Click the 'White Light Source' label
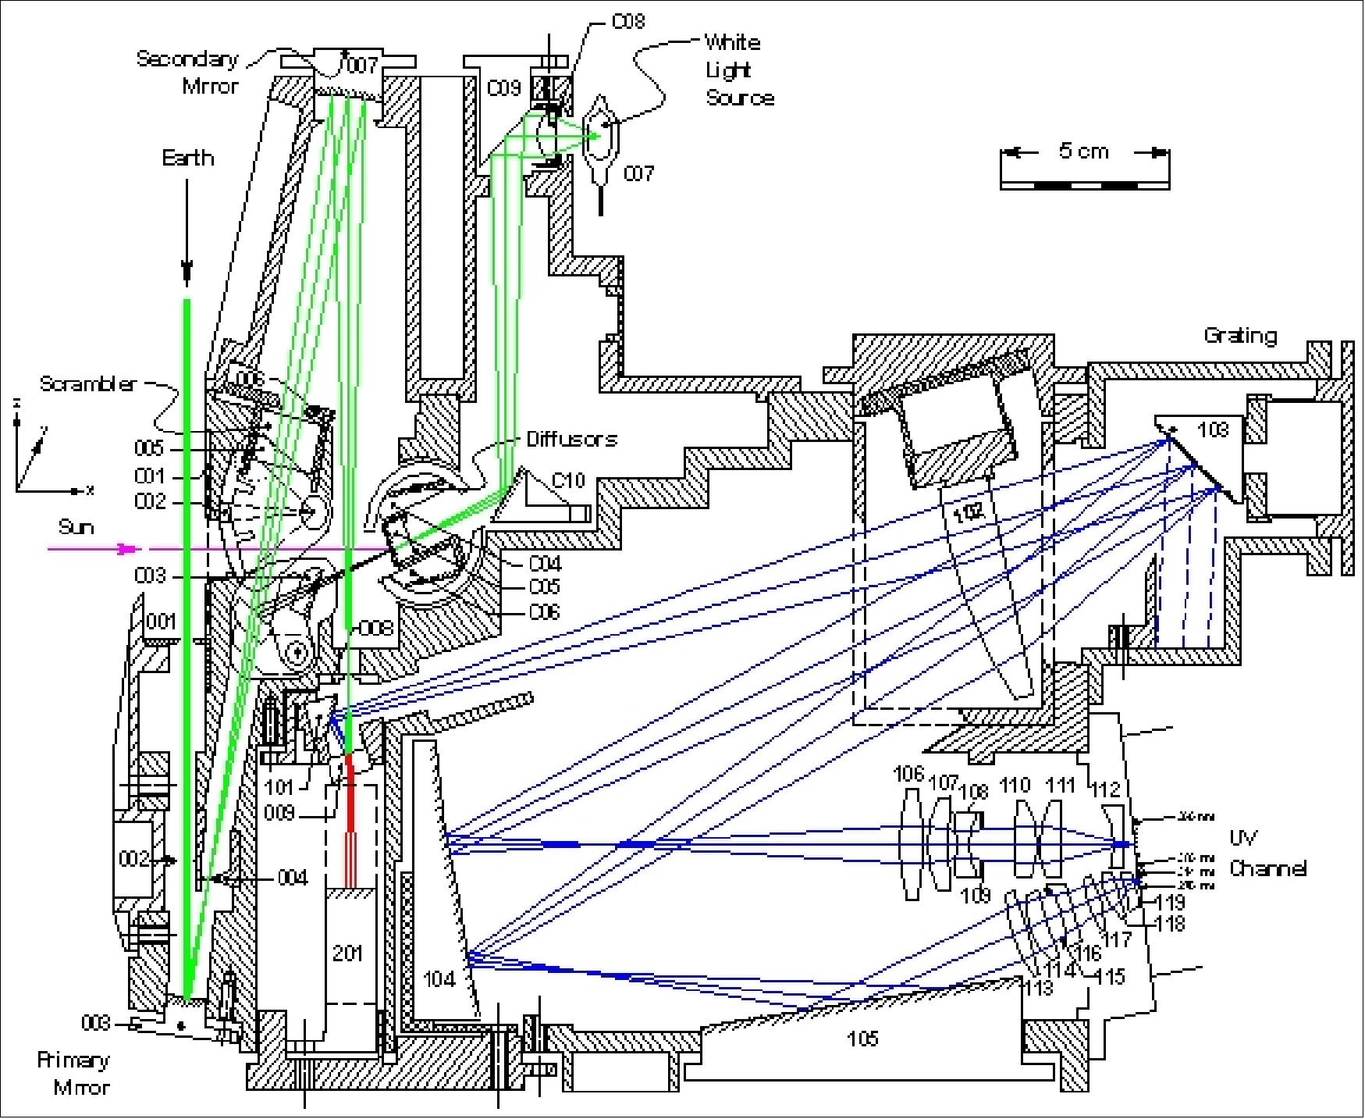click(x=738, y=70)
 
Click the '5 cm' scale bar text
click(x=1083, y=151)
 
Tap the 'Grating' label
click(x=1240, y=336)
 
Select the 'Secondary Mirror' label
click(x=188, y=72)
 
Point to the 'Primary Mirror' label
click(x=74, y=1073)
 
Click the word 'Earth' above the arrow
click(x=187, y=159)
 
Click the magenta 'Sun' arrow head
click(x=125, y=549)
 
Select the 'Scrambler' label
click(x=88, y=384)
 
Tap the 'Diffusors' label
click(x=571, y=439)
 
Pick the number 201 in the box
click(x=348, y=953)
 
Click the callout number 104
click(x=438, y=978)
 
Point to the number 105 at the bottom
click(x=862, y=1038)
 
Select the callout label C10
click(x=568, y=480)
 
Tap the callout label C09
click(x=503, y=88)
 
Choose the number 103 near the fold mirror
click(x=1212, y=429)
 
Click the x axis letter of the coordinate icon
click(x=91, y=490)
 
